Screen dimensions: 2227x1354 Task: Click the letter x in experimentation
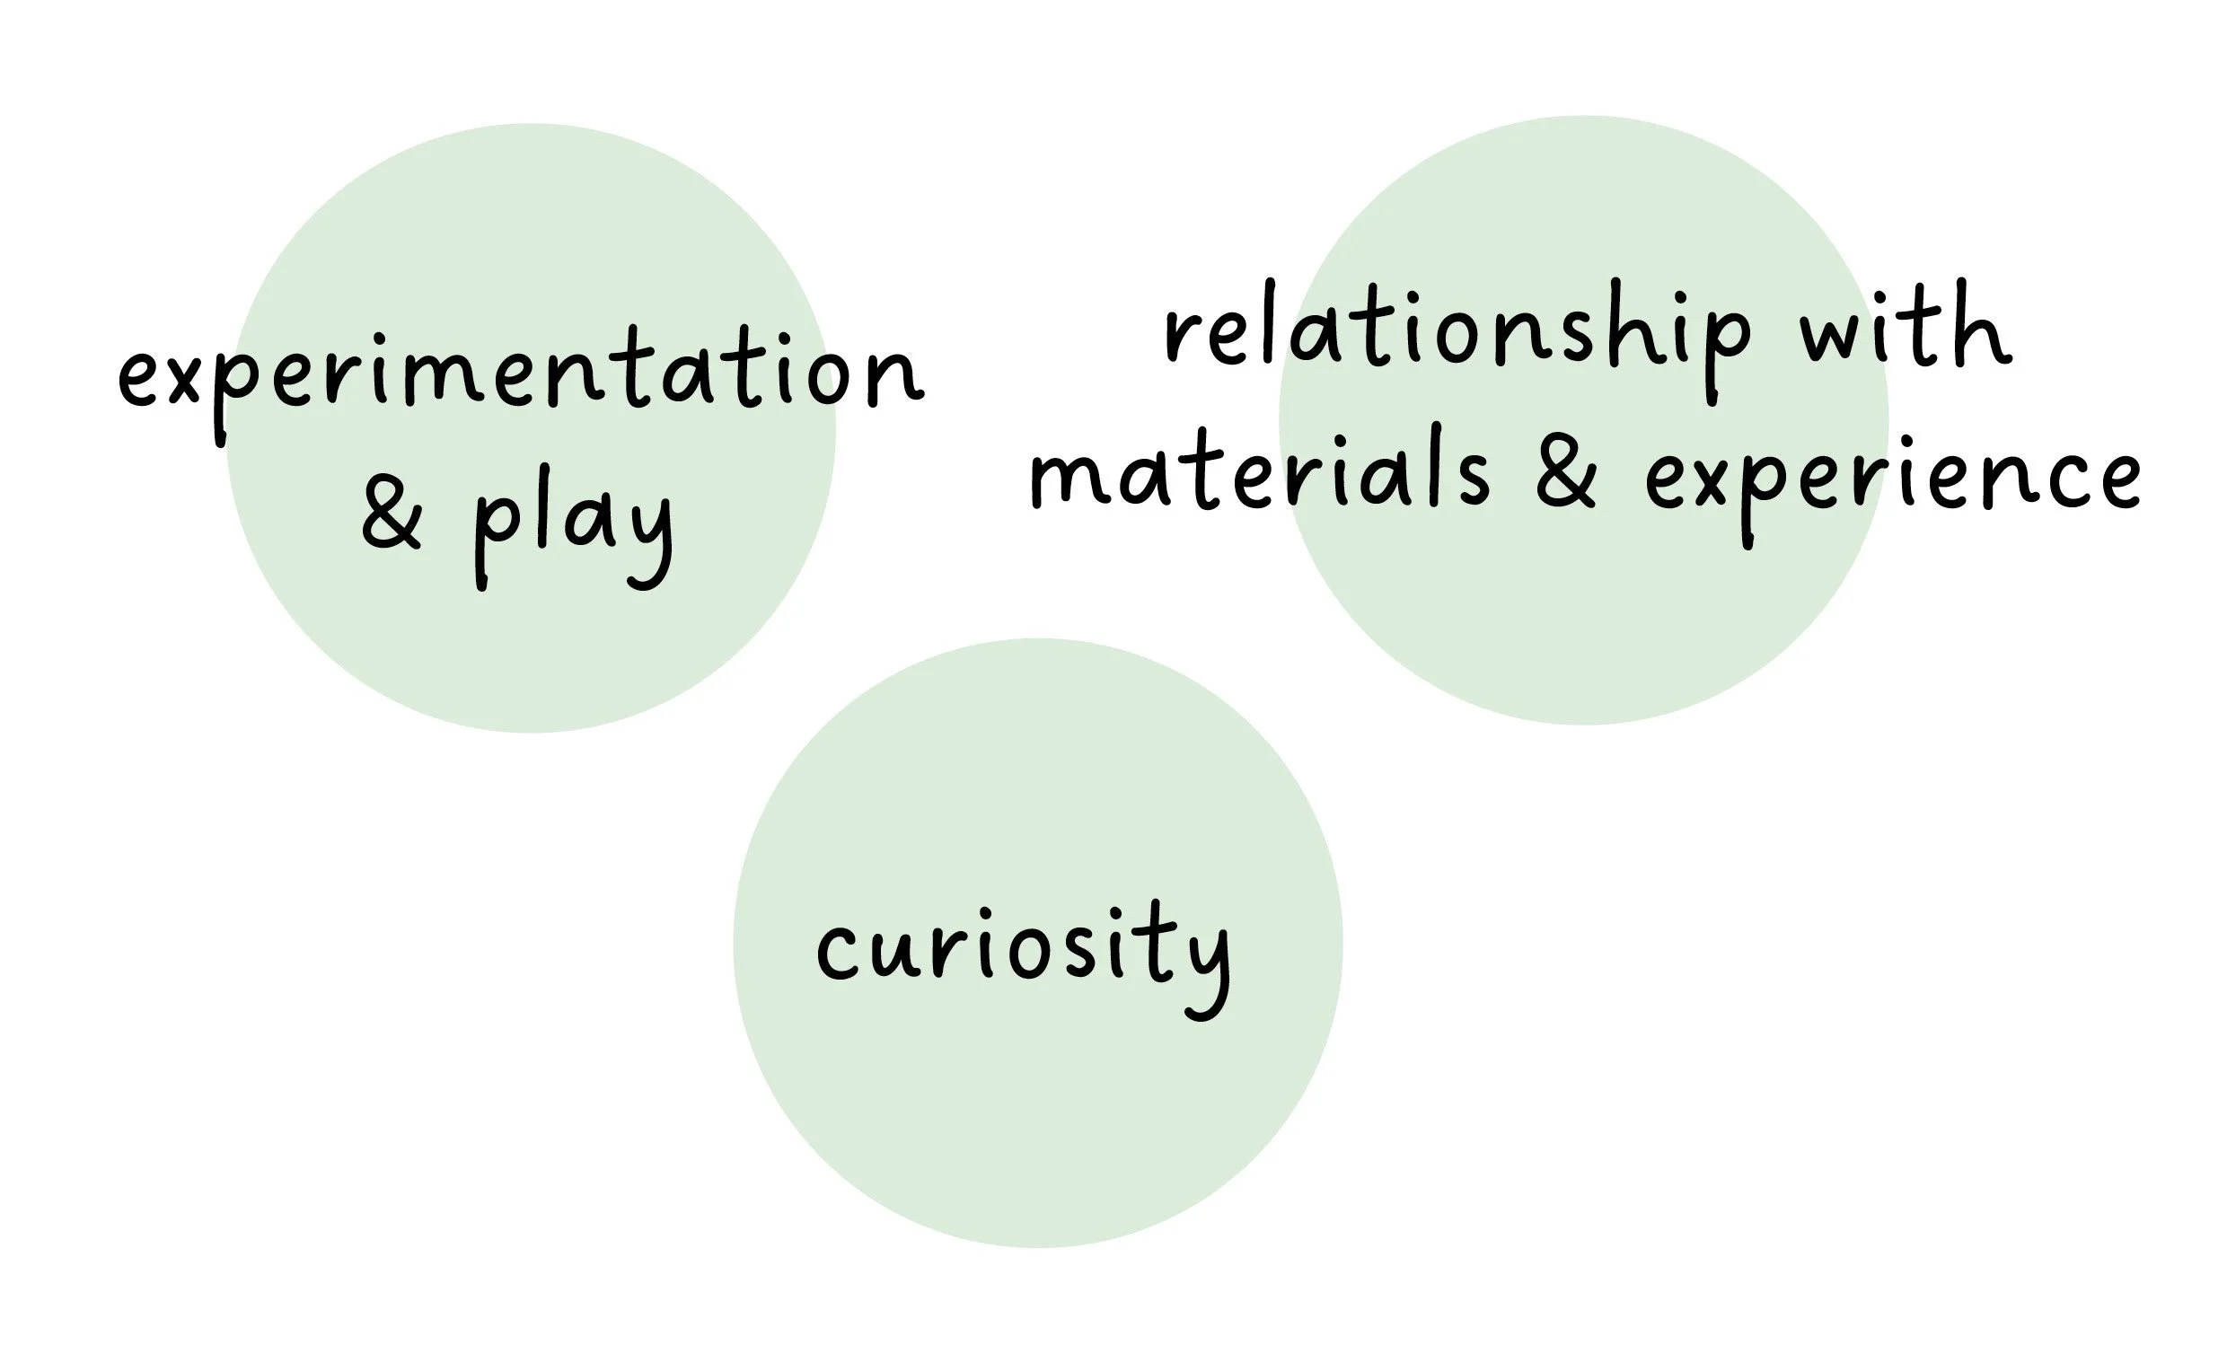tap(181, 378)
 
